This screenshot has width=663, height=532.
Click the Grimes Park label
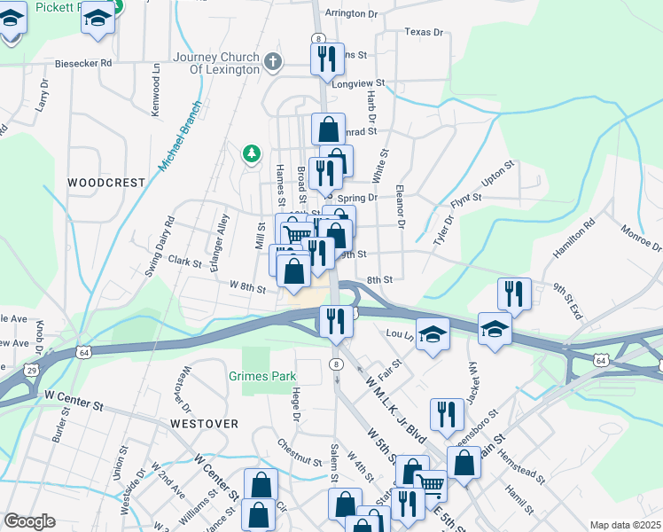[269, 376]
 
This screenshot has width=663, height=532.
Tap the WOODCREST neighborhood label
[105, 183]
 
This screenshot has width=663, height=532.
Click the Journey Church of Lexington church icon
[274, 62]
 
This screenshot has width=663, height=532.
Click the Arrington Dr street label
[351, 14]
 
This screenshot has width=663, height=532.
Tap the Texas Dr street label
[423, 32]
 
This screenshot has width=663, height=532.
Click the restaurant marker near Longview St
[327, 59]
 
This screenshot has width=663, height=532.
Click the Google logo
[28, 521]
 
